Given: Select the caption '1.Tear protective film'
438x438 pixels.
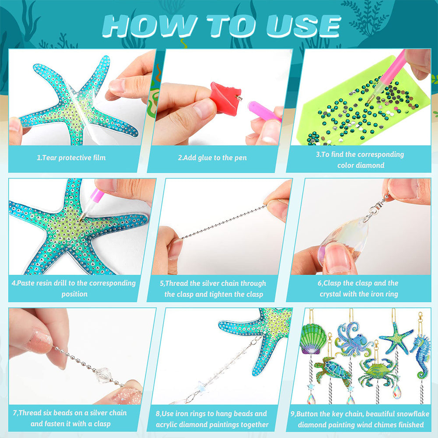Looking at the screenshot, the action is pyautogui.click(x=71, y=158).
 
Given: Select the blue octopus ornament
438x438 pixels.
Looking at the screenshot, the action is pyautogui.click(x=353, y=340).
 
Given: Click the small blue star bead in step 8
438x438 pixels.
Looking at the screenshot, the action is pyautogui.click(x=200, y=386).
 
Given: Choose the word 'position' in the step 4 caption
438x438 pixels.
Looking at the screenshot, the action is pyautogui.click(x=74, y=294).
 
